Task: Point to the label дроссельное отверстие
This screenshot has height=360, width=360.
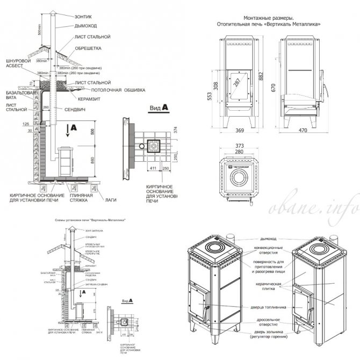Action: click(x=264, y=322)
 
